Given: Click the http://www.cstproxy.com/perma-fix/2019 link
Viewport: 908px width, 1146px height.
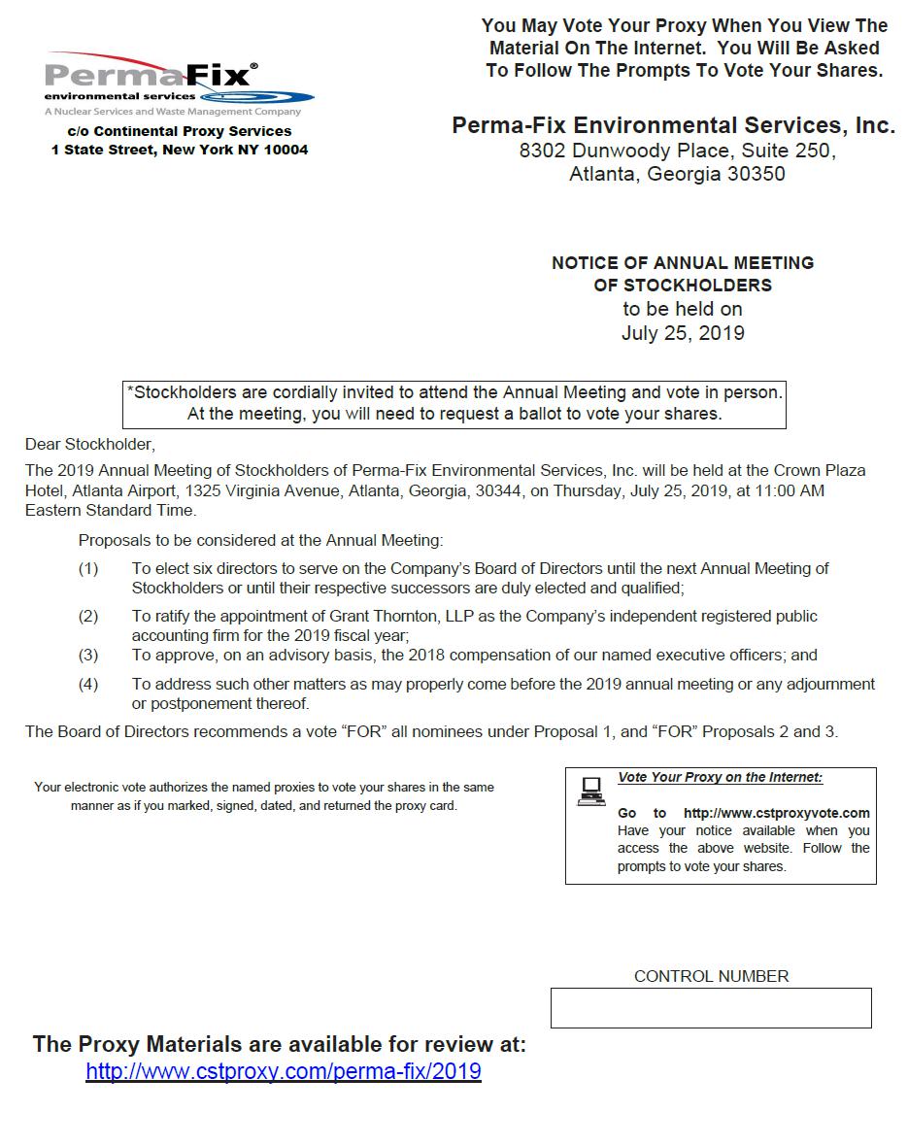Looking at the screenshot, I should [284, 1071].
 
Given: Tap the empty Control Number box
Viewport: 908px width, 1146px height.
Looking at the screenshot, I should [711, 1008].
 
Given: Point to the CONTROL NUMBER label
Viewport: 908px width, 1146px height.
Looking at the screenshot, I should [711, 976].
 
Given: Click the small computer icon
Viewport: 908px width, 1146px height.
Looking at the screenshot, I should [590, 791].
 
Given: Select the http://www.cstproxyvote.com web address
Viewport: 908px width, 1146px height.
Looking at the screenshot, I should [776, 813].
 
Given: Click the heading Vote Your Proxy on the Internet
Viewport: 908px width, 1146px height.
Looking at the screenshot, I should [720, 778].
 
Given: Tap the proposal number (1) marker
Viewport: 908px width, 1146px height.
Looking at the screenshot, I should [88, 568].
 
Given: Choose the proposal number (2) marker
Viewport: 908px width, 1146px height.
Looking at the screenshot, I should [88, 616].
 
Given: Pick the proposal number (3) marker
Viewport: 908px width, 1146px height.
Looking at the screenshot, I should [88, 655].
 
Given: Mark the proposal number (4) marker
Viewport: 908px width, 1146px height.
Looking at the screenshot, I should [88, 684].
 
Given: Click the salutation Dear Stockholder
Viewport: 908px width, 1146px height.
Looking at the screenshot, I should [89, 445].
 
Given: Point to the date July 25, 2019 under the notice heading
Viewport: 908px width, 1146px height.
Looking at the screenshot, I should [683, 333].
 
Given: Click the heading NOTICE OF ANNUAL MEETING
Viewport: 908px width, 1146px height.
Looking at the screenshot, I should [683, 262].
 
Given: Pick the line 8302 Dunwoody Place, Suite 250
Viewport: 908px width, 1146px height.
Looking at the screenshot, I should [677, 151].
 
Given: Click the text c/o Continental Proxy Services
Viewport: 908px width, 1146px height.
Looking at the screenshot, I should [180, 131].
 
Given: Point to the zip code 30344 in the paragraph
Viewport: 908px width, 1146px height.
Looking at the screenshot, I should [499, 490].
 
